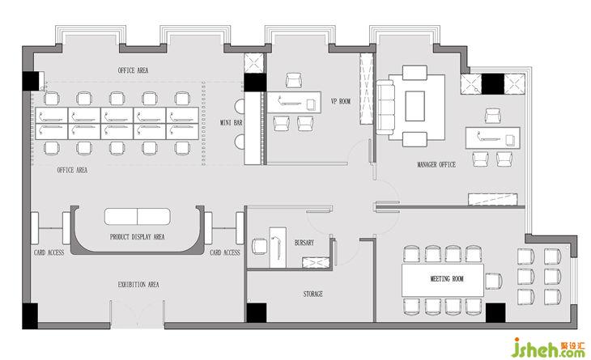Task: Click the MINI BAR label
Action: coord(231,123)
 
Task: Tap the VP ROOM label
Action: coord(341,101)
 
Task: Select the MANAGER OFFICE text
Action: coord(436,164)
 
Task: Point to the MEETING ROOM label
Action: coord(447,279)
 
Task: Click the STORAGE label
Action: coord(313,294)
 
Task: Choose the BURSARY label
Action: coord(304,243)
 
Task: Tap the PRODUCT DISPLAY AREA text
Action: coord(137,237)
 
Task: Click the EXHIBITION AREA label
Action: coord(138,285)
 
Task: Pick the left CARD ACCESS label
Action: coord(49,252)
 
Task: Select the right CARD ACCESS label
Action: coord(225,252)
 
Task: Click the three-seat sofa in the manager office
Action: coord(385,108)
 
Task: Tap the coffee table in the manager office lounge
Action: coord(415,106)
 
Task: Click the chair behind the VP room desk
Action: coord(293,80)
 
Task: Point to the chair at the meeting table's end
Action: coord(493,281)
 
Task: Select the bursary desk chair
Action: coord(259,246)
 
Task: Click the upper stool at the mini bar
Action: coord(240,107)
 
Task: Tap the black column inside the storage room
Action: coord(257,312)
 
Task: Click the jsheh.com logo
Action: coord(548,347)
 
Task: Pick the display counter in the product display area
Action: coord(137,217)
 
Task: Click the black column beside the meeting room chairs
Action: coord(495,313)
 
